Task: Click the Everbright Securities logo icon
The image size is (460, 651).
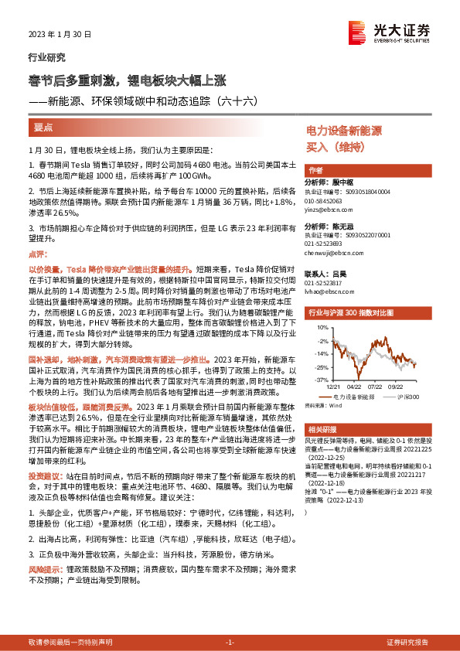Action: (357, 32)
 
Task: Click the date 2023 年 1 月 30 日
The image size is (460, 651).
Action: (60, 35)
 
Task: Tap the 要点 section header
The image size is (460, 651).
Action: (43, 127)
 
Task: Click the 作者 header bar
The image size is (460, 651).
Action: (315, 169)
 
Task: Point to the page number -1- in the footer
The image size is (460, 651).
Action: (229, 642)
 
